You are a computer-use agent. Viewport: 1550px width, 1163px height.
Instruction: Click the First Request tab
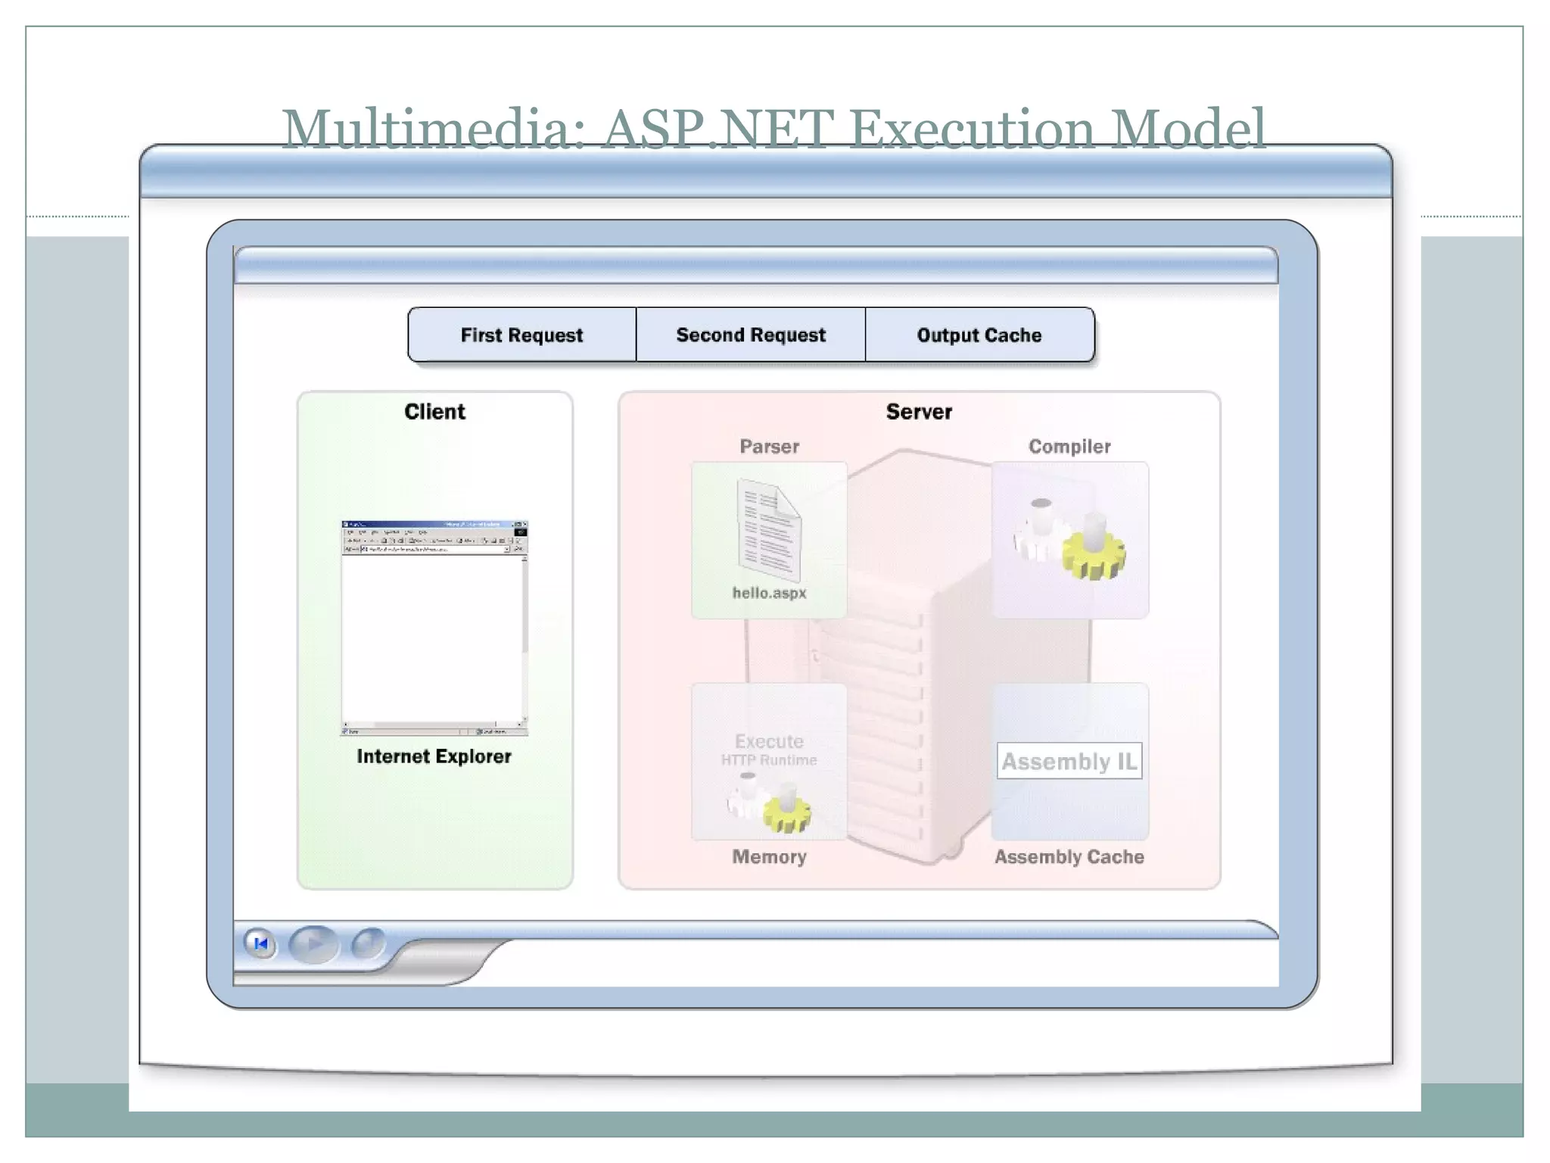[521, 335]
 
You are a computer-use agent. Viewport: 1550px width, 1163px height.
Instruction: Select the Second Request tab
[751, 335]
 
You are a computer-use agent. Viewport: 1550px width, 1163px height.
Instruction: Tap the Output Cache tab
[979, 335]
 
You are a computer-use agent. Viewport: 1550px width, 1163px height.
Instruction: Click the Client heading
[434, 412]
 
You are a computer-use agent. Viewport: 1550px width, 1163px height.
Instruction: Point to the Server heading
[919, 412]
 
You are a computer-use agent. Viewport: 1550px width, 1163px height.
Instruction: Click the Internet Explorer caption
[434, 756]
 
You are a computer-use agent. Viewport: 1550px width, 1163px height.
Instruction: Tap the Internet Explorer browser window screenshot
[434, 628]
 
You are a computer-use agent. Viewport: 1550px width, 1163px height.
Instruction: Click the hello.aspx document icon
[768, 530]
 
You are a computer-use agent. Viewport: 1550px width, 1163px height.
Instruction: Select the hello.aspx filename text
[769, 593]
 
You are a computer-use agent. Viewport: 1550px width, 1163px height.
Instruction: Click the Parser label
[769, 447]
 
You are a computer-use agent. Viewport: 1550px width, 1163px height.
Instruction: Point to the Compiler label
[1069, 447]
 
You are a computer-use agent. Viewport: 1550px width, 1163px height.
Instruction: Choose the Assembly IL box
[1069, 761]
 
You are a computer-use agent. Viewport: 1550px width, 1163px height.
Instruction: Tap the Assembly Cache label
[1069, 857]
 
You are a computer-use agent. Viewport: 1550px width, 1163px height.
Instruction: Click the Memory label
[769, 857]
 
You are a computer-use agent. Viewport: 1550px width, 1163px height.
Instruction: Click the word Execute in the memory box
[769, 741]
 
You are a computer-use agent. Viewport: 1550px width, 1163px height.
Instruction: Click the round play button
[313, 944]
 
